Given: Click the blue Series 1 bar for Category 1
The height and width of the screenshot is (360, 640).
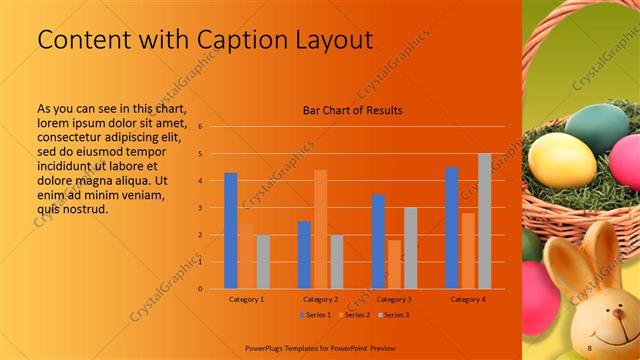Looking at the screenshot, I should [x=230, y=231].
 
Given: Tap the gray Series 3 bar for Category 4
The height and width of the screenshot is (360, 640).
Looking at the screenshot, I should [x=484, y=221].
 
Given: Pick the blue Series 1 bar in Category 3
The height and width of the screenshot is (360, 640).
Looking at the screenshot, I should [x=377, y=241].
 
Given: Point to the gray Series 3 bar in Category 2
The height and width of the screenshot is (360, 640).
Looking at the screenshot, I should [x=336, y=262].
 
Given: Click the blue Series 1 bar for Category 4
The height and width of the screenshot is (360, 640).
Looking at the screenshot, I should [x=451, y=228].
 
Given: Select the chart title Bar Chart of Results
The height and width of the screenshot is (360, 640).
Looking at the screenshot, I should [x=352, y=110].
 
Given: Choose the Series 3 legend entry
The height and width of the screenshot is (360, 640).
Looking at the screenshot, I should [x=394, y=315].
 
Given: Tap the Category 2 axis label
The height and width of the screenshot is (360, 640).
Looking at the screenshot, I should [x=320, y=299].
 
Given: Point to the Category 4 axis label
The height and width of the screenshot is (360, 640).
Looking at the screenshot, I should [x=468, y=299].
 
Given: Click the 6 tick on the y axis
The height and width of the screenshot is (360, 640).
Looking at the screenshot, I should [x=200, y=127].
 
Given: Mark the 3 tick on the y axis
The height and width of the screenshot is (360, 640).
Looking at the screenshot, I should [x=200, y=208].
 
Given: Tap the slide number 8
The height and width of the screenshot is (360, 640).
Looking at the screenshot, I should [x=589, y=347].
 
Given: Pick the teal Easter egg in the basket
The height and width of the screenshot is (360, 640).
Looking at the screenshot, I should [x=596, y=125].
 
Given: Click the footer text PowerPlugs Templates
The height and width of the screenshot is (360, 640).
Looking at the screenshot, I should [x=294, y=347].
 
